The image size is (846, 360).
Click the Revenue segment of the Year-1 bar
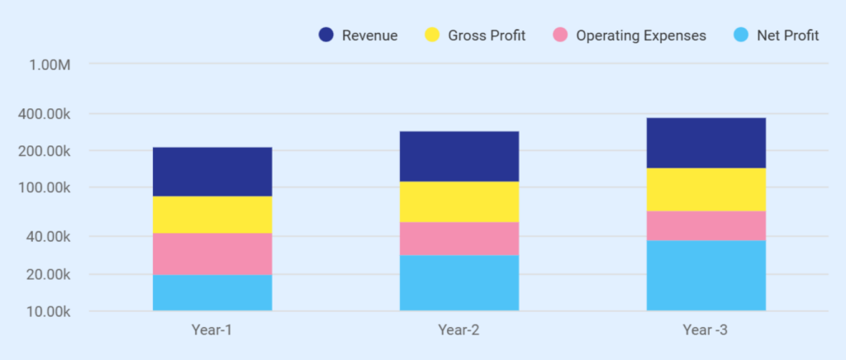pos(212,172)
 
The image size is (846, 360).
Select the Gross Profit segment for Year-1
pos(212,215)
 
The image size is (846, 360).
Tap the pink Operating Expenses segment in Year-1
pos(212,253)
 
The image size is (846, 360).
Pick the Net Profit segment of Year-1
pos(212,292)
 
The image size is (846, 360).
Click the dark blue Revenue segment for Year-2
pos(459,156)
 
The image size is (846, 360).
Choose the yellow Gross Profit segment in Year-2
pos(459,201)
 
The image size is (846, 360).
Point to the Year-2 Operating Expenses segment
pos(459,239)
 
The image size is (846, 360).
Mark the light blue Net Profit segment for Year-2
pos(459,282)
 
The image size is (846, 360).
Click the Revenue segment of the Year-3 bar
pos(706,143)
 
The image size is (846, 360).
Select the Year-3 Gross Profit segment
pos(706,189)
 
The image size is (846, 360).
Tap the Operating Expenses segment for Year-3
pos(706,225)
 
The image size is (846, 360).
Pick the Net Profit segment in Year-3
pos(706,275)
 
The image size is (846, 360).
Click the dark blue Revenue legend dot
pos(326,36)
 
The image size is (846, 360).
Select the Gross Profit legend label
pos(487,36)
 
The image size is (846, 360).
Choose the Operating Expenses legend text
pos(641,36)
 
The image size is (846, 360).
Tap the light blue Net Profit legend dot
pos(742,36)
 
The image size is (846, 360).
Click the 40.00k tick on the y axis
pos(44,237)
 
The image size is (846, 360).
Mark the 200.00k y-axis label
pos(44,151)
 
